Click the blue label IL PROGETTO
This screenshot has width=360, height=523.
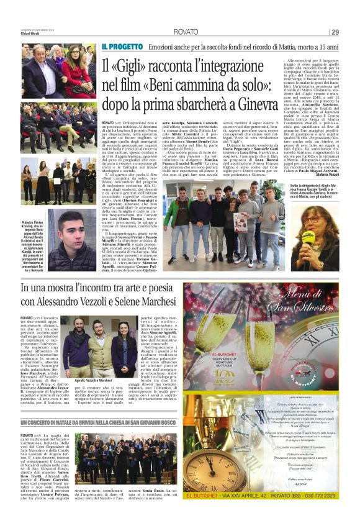point(122,47)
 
